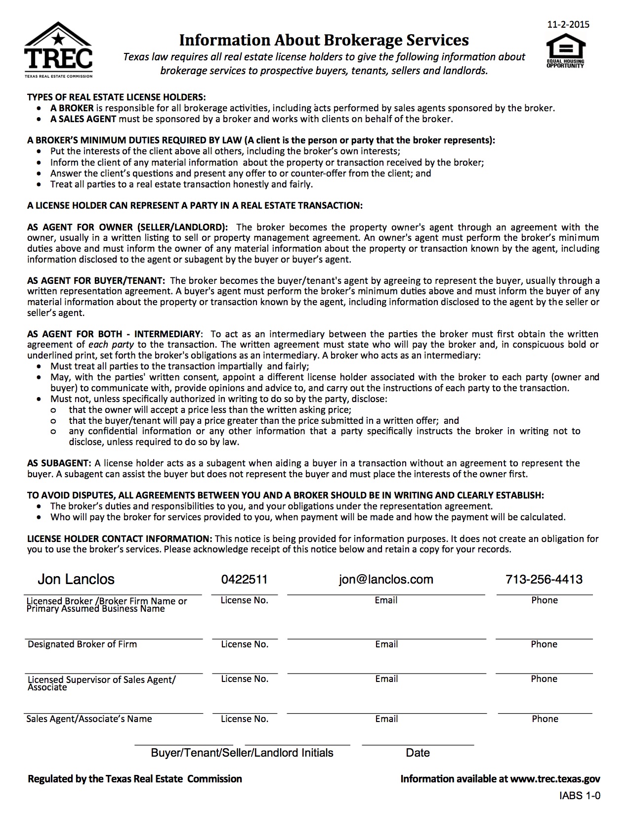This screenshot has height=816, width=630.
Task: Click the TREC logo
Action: tap(58, 50)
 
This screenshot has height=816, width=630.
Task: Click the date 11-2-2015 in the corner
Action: tap(569, 24)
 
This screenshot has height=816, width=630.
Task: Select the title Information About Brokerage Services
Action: tap(324, 40)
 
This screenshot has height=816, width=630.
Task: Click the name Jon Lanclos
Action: tap(76, 579)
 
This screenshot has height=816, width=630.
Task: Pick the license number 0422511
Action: tap(245, 579)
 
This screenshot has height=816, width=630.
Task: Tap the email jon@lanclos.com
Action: tap(386, 579)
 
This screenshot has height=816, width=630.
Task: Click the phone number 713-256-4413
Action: tap(544, 579)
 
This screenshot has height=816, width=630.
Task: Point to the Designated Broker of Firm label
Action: tap(82, 644)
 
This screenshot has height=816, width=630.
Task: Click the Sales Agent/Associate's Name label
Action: tap(89, 719)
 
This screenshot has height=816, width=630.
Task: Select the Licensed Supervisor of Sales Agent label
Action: tap(101, 680)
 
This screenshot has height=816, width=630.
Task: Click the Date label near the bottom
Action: tap(418, 753)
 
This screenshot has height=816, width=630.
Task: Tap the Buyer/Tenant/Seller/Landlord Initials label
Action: tap(242, 753)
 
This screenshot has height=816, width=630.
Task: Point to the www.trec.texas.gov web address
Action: tap(555, 779)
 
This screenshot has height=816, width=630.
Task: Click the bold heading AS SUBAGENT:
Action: tap(59, 463)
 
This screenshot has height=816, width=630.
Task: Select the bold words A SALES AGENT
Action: tap(83, 119)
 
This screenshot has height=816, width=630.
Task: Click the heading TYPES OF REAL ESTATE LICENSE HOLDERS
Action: tap(116, 97)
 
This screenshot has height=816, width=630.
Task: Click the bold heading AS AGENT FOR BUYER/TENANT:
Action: tap(96, 280)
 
